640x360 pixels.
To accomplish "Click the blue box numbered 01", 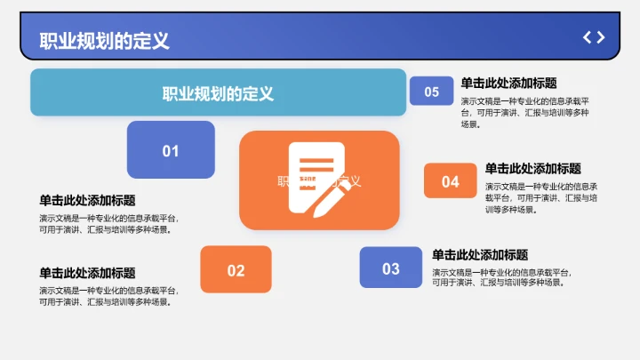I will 171,150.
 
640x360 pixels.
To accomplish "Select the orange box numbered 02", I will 236,269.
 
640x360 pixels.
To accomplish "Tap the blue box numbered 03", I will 391,268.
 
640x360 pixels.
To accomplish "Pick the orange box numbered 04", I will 451,181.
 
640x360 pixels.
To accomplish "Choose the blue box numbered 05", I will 431,92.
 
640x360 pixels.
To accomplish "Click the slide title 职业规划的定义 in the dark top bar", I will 104,40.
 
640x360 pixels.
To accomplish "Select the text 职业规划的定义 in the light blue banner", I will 218,93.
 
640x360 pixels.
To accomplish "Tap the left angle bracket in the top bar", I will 587,37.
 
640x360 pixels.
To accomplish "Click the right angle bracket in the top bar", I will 601,37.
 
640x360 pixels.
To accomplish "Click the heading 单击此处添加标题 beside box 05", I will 508,83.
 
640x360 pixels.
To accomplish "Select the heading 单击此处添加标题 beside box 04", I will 532,168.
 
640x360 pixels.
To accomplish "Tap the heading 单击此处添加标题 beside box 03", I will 480,254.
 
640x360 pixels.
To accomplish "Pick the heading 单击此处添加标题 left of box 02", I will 87,273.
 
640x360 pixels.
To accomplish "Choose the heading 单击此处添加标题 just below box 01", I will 87,201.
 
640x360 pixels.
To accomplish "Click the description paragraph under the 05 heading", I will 524,113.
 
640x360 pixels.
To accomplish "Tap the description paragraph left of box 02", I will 108,296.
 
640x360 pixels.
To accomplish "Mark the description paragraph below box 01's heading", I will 108,223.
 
